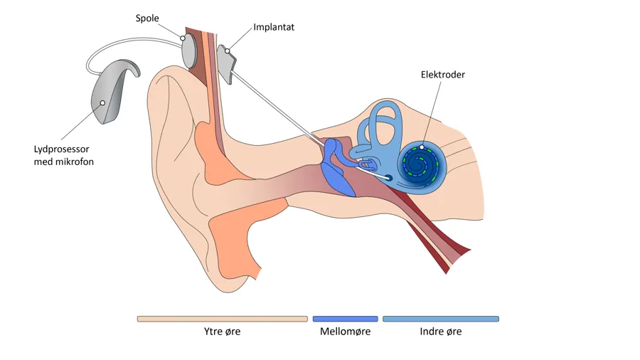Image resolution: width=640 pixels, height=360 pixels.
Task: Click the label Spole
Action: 148,17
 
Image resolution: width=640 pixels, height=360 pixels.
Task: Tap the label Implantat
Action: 274,28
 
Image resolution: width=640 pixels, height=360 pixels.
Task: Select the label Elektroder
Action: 442,75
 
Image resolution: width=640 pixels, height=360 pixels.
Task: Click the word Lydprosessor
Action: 64,149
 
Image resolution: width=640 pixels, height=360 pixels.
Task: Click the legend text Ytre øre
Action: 222,332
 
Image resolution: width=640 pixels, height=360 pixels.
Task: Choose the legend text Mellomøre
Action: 345,332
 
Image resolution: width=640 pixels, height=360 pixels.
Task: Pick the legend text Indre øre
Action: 440,332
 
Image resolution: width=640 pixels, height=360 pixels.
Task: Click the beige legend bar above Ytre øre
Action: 222,319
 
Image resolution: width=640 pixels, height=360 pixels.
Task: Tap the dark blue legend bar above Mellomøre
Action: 345,319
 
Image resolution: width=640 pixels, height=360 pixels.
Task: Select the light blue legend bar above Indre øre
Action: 440,319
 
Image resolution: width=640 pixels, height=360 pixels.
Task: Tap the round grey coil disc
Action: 190,51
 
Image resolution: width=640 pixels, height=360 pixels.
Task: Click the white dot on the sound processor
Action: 102,103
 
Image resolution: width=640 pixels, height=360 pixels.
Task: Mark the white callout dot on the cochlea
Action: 422,148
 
